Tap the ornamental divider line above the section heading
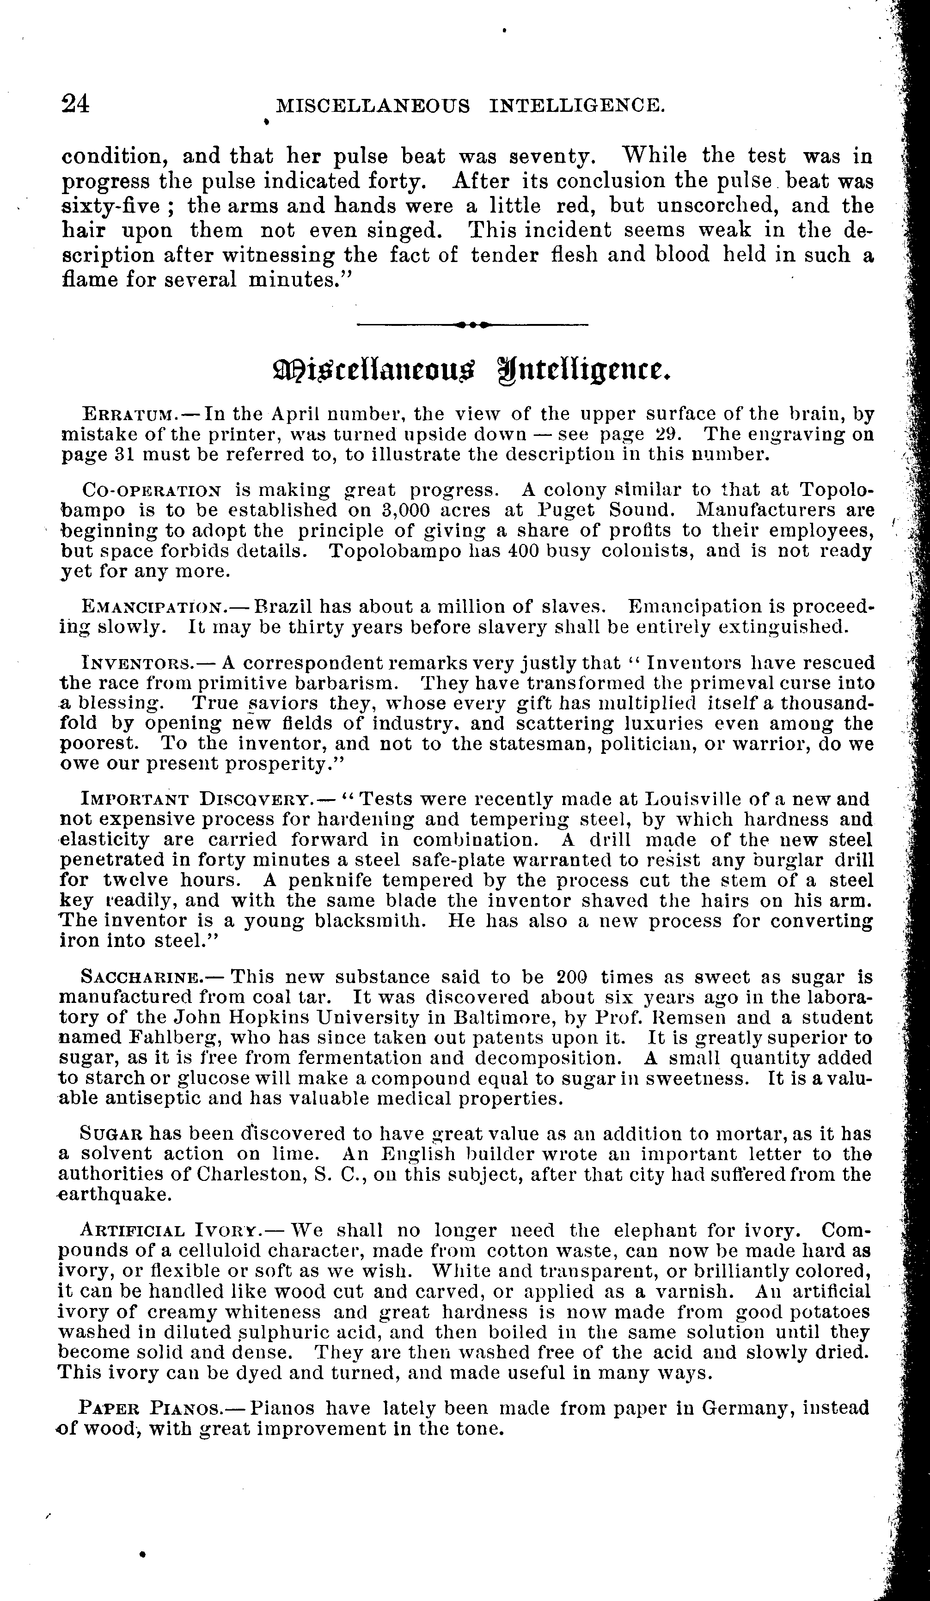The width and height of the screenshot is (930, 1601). coord(472,324)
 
